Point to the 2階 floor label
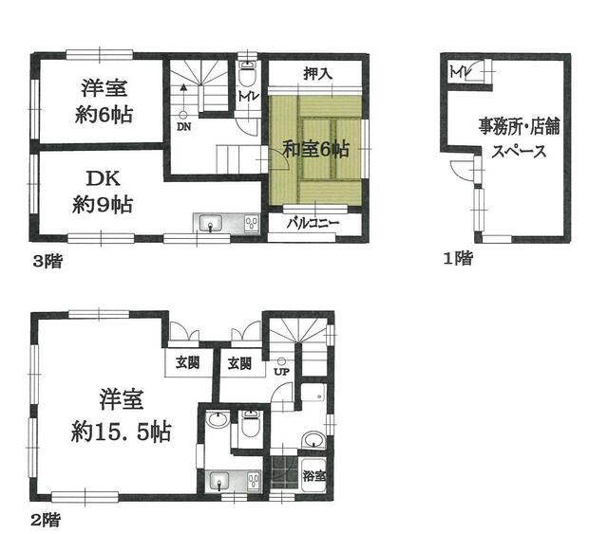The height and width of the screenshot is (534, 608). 47,519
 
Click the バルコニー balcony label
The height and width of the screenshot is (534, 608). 313,223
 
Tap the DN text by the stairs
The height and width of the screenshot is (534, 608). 182,125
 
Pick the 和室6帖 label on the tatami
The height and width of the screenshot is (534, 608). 316,149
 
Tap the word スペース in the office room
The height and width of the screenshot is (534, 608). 518,152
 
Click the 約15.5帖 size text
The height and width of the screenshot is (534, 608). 121,433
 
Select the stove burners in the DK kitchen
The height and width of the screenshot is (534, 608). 250,224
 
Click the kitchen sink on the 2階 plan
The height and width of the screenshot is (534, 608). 219,479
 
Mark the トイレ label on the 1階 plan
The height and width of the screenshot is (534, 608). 460,71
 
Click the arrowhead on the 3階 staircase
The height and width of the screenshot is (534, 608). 182,88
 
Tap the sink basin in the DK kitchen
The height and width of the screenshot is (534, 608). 209,224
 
